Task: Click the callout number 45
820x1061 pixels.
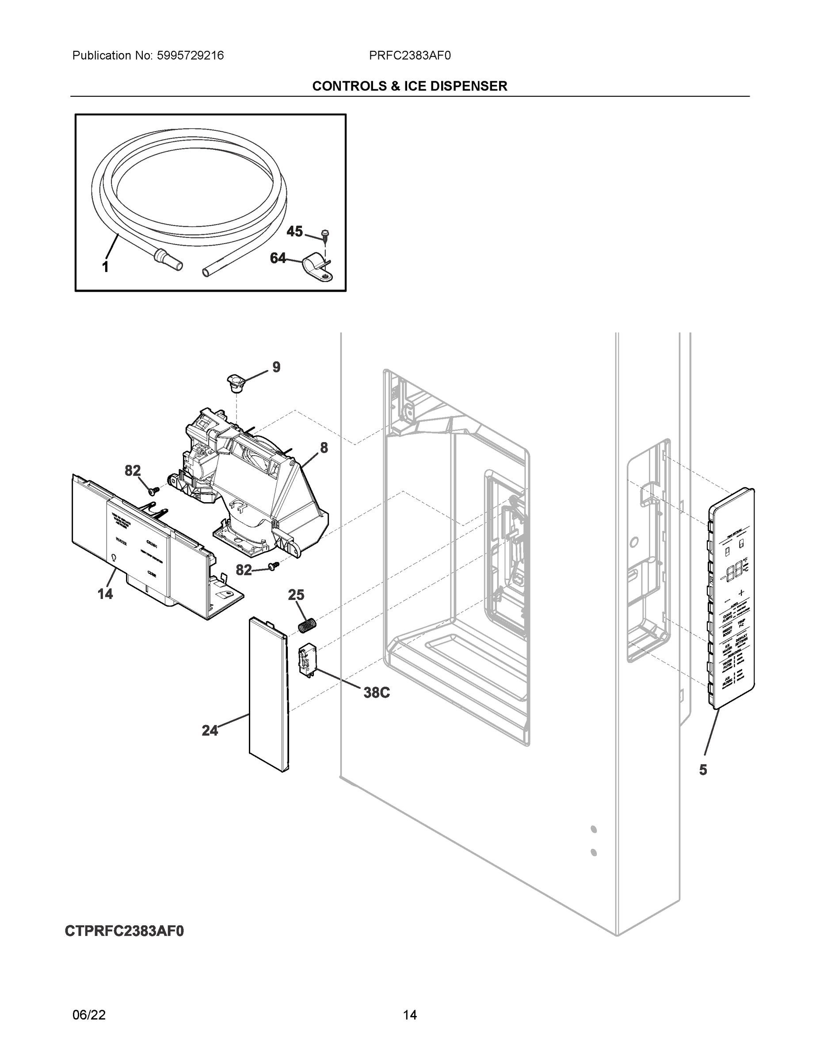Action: point(294,231)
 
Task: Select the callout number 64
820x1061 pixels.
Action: point(278,258)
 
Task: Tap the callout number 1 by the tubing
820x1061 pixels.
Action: point(105,267)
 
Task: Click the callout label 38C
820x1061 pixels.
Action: point(377,693)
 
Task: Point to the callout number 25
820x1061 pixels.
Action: point(296,595)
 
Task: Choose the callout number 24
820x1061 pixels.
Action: point(210,730)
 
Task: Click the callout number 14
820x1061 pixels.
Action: point(105,594)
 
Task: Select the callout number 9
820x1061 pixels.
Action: point(276,367)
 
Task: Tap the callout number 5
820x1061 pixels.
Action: point(703,770)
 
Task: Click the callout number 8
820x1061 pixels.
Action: point(324,447)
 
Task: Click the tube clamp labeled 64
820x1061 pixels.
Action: point(316,268)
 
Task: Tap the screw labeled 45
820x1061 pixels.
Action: point(324,237)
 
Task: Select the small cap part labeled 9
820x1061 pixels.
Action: point(236,383)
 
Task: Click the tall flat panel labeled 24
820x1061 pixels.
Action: point(269,695)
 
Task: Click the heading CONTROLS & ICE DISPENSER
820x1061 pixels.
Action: point(409,86)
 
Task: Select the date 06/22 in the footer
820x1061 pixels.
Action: point(89,1015)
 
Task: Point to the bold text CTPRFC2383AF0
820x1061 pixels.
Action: point(124,931)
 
